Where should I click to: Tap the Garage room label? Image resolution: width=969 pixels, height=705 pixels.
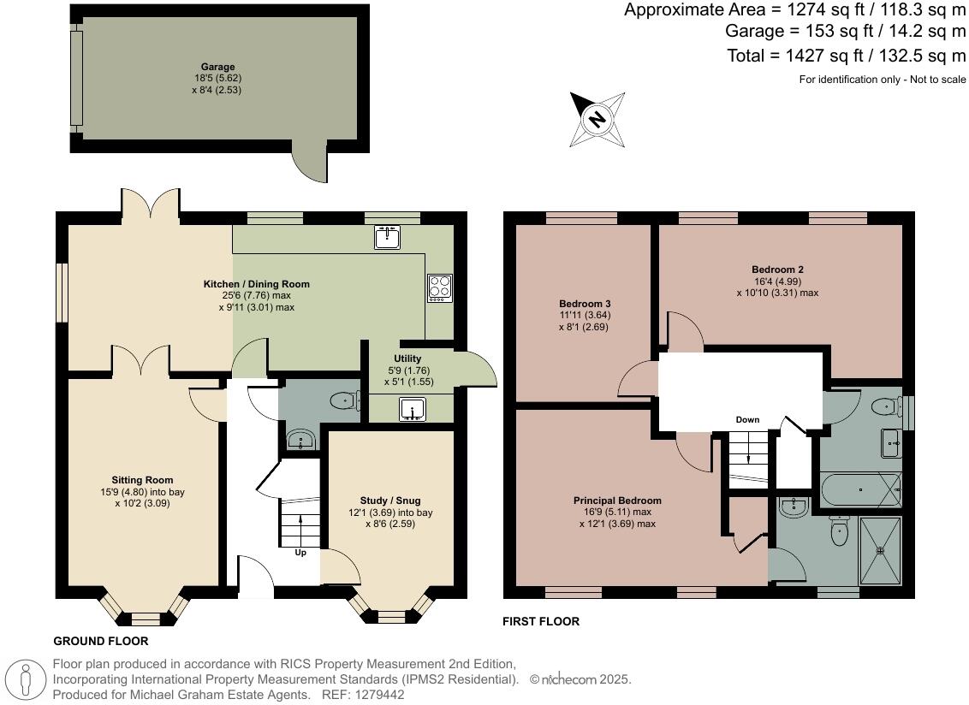pos(217,67)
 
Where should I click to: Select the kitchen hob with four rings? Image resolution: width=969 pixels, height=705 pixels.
pos(439,287)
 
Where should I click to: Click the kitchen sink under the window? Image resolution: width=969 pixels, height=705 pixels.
pos(389,237)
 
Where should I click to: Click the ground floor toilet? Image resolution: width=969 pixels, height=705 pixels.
pos(344,399)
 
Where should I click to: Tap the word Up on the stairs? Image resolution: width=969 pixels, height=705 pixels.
pos(300,553)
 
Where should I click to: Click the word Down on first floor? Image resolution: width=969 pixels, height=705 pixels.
pos(747,420)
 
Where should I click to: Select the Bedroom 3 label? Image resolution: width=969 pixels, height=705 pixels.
pos(585,304)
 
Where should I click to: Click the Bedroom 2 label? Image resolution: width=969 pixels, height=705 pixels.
pos(777,269)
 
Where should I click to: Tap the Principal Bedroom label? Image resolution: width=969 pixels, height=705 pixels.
pos(617,501)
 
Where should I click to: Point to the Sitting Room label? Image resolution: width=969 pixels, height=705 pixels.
pos(142,480)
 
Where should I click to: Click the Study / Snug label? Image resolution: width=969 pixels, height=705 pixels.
pos(390,501)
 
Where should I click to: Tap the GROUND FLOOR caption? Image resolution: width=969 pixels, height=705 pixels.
pos(101,641)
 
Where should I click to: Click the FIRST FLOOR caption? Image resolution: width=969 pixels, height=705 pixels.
pos(540,622)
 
